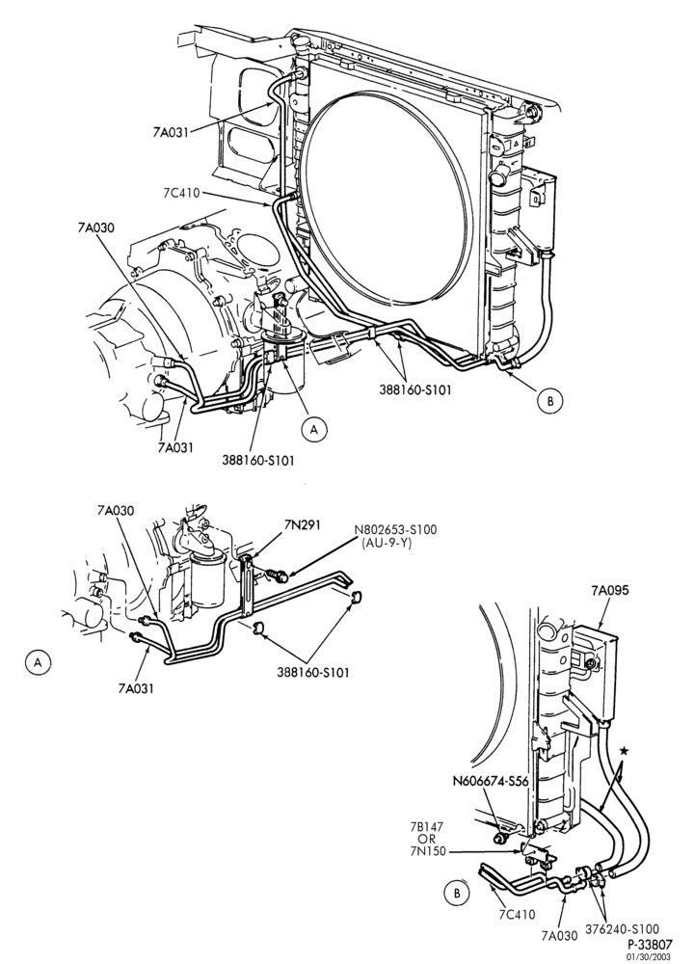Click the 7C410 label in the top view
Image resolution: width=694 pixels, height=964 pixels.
181,193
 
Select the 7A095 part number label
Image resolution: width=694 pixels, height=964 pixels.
610,591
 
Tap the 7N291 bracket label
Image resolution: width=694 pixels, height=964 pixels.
303,524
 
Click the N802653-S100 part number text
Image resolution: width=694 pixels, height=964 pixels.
394,530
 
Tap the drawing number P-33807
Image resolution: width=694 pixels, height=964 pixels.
650,944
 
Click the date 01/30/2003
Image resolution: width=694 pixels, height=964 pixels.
650,956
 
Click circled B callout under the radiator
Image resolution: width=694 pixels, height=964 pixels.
550,400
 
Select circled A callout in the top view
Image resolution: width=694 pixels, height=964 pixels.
314,430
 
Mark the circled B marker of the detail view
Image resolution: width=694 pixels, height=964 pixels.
456,894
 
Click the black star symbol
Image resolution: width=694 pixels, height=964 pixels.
625,750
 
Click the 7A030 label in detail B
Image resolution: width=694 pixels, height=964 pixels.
560,936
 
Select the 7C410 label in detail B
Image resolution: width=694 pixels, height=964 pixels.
517,914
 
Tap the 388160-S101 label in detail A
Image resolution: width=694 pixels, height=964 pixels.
313,672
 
